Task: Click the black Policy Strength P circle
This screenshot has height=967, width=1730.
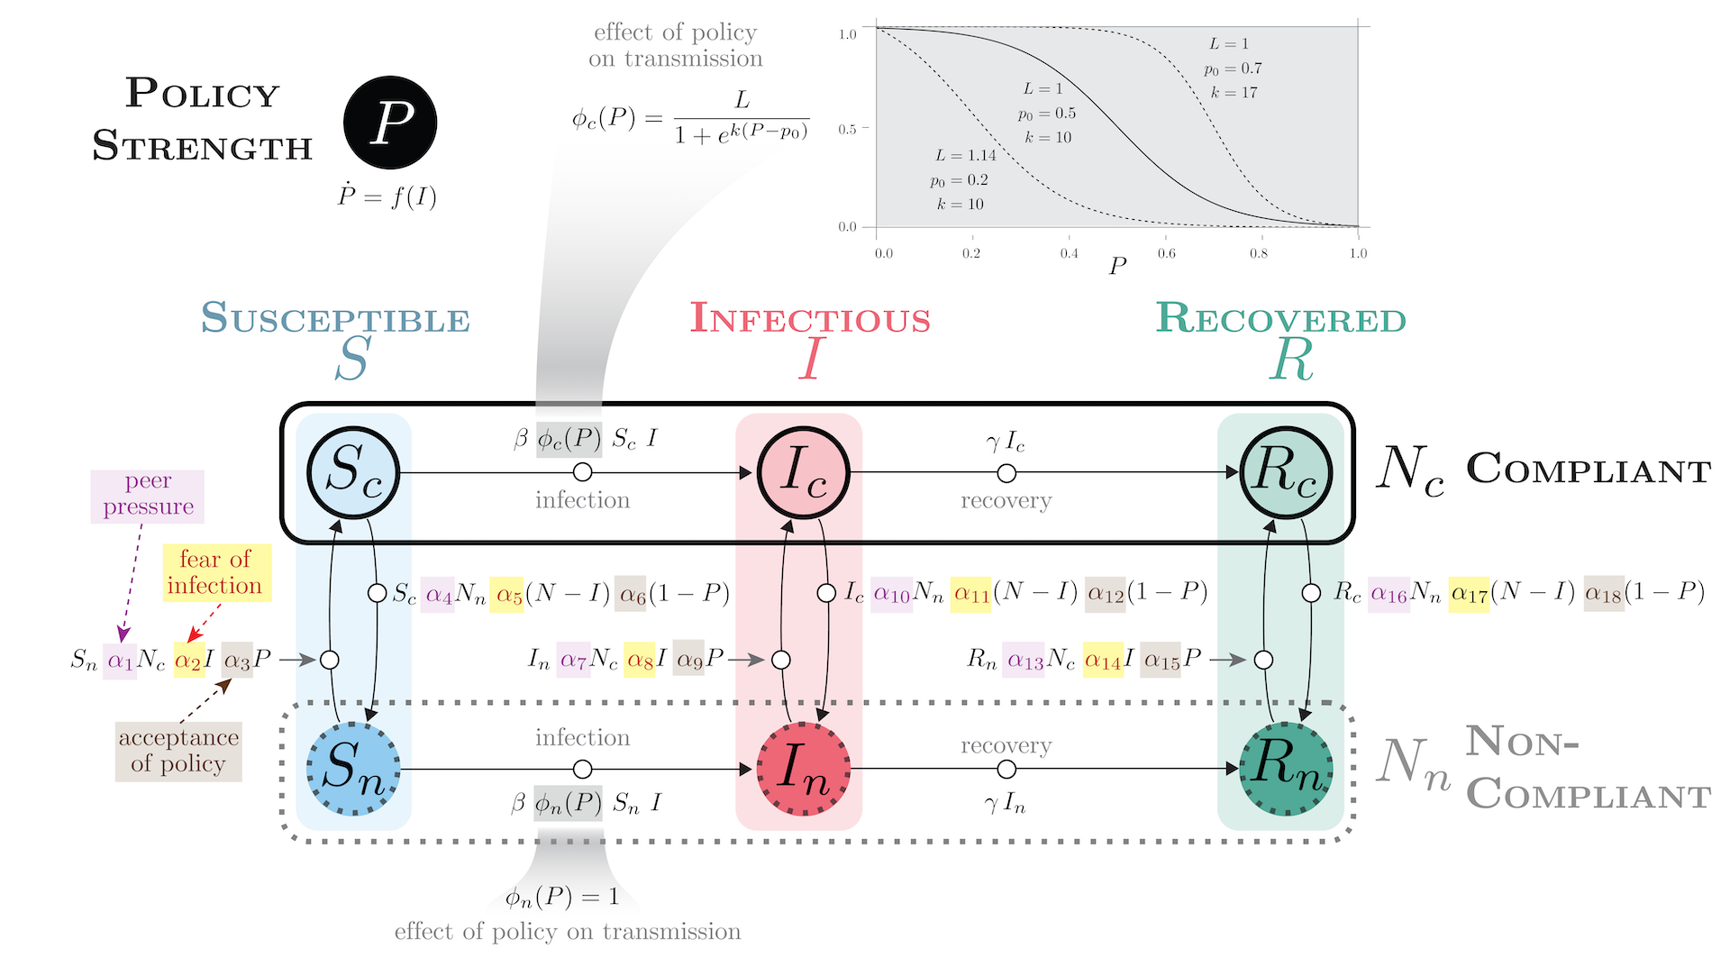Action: pos(390,123)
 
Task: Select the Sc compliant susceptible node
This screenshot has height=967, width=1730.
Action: pos(353,472)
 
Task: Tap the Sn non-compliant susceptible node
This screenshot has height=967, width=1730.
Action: pos(353,769)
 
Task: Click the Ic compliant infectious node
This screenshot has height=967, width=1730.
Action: pos(803,472)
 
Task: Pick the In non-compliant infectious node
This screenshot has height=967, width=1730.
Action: pos(803,769)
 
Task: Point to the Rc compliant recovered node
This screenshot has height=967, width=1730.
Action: pos(1286,472)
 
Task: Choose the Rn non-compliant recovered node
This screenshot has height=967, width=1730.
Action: pos(1286,769)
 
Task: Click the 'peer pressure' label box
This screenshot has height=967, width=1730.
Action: pos(148,496)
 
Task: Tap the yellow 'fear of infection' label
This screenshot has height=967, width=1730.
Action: pos(214,572)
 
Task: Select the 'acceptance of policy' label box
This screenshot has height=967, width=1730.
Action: pos(178,751)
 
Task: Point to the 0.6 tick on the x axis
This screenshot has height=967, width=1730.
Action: pos(1166,253)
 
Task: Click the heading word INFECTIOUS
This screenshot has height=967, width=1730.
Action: pos(810,320)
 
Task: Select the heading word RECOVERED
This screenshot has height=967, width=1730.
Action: pos(1281,320)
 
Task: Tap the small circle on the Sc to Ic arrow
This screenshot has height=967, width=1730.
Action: pos(583,472)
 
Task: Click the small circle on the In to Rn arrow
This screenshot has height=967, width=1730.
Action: pos(1006,769)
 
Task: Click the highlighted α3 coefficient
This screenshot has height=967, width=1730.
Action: pos(237,660)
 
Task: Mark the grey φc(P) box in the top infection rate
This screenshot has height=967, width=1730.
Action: pos(569,439)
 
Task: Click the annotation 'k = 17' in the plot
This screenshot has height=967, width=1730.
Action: pos(1234,93)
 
